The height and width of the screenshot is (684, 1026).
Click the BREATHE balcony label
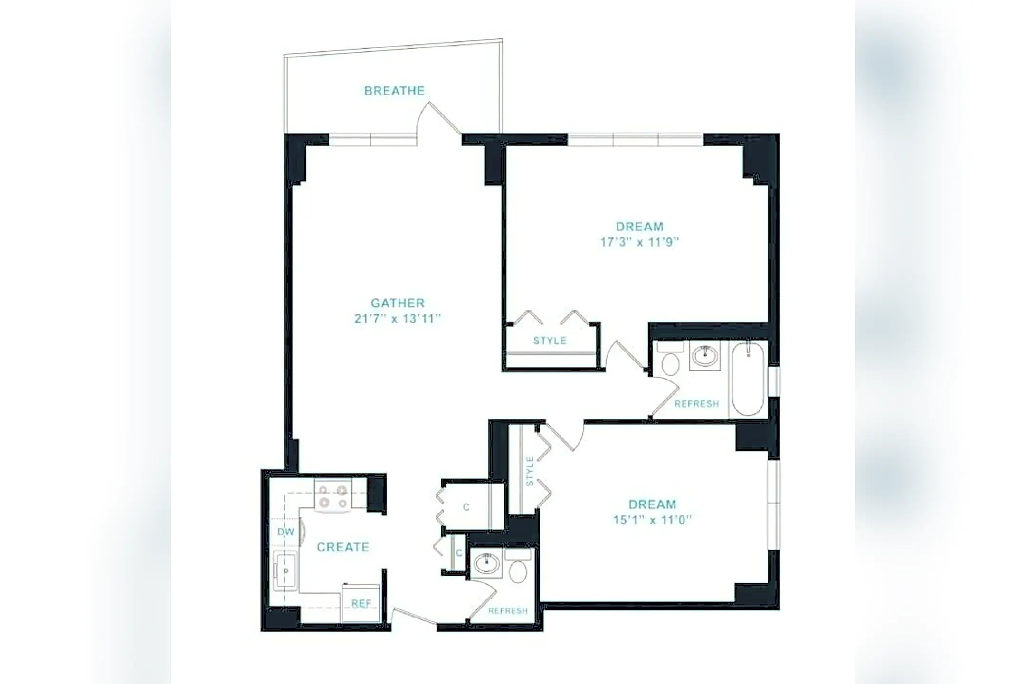click(394, 91)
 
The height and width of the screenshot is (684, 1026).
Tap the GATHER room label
click(398, 303)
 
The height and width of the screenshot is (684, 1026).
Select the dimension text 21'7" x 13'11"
click(398, 319)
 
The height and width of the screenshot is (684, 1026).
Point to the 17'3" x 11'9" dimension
click(639, 242)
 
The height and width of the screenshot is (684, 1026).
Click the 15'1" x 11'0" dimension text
click(652, 520)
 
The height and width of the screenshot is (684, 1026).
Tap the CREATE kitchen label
click(343, 547)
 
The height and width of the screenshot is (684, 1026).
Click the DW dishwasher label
click(286, 532)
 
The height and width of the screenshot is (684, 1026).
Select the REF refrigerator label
click(361, 603)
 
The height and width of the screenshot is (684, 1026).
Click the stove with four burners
click(333, 496)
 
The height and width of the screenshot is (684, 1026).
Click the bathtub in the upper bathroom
click(748, 379)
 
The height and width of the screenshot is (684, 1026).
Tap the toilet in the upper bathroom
click(670, 358)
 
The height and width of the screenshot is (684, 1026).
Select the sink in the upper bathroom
click(705, 355)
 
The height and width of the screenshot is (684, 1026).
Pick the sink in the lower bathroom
click(486, 564)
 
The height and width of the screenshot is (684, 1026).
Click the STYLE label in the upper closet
click(550, 341)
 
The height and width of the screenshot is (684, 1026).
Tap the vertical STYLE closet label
click(530, 471)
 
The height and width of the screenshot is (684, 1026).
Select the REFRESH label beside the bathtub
click(697, 404)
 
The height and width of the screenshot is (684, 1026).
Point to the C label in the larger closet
click(466, 507)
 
